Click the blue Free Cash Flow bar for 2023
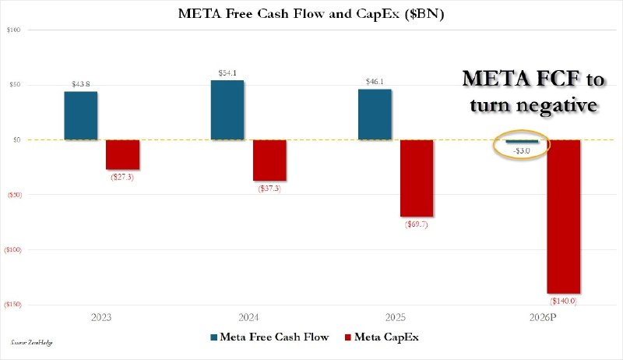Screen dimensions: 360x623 tap(81, 116)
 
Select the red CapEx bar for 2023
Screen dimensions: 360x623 tap(122, 154)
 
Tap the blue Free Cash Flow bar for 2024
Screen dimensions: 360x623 tap(227, 110)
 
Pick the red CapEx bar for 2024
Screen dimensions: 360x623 tap(269, 160)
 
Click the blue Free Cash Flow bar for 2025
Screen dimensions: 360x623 tap(375, 115)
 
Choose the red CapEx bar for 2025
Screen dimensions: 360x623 tap(417, 178)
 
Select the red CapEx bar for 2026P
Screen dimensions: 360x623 tap(564, 216)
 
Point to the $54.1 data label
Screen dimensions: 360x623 tap(229, 73)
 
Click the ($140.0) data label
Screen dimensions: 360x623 tap(564, 301)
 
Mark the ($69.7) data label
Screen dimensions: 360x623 tap(417, 224)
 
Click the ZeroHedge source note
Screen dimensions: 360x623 tap(37, 342)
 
